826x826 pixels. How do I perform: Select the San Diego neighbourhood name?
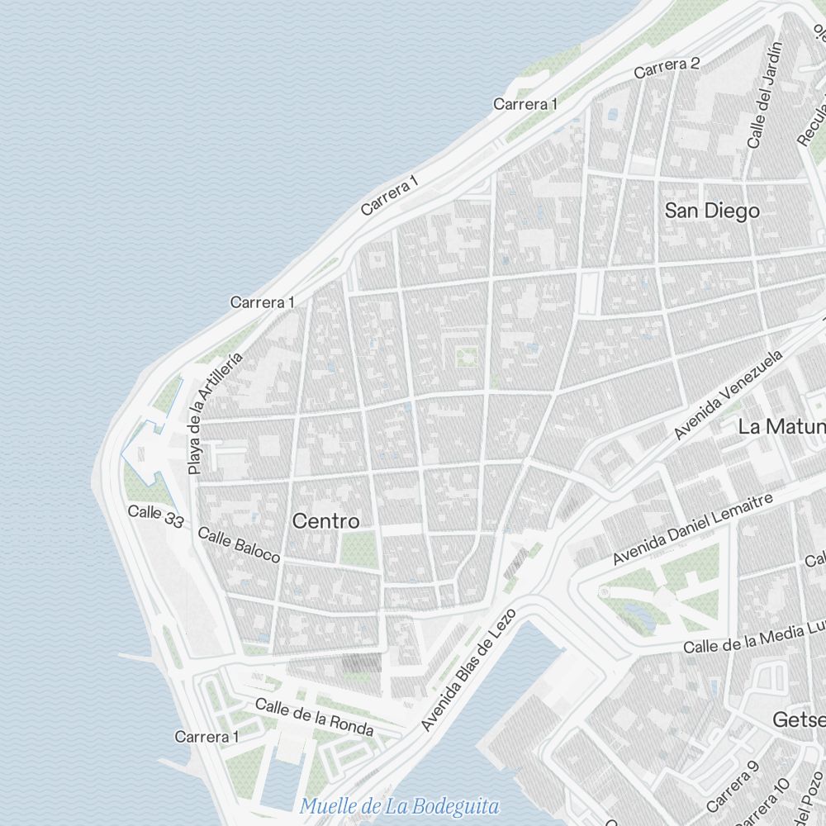[x=711, y=211]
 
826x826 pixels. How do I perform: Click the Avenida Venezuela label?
[x=728, y=395]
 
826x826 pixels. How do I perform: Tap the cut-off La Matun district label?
[x=781, y=426]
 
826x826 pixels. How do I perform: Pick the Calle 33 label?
[x=155, y=516]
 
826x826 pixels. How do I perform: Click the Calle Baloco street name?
[x=240, y=544]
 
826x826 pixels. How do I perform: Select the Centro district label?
[x=326, y=521]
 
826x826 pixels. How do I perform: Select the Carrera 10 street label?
[x=761, y=802]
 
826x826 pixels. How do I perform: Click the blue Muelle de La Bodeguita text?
[x=400, y=805]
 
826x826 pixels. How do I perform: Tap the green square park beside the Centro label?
[x=358, y=548]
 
